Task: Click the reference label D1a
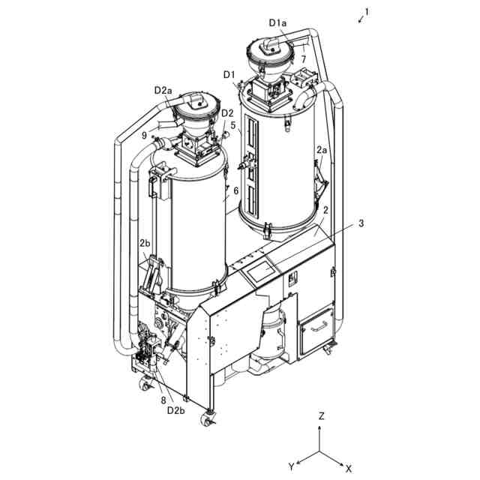tap(277, 23)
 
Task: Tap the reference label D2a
tap(163, 90)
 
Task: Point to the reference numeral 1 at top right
tap(367, 12)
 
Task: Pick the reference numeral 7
tap(304, 58)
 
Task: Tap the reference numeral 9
tap(144, 136)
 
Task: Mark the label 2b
tap(145, 243)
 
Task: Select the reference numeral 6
tap(235, 190)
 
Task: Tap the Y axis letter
tap(292, 466)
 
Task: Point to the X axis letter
tap(348, 468)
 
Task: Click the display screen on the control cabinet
tap(258, 269)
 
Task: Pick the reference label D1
tap(229, 74)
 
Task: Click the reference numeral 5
tap(233, 125)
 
